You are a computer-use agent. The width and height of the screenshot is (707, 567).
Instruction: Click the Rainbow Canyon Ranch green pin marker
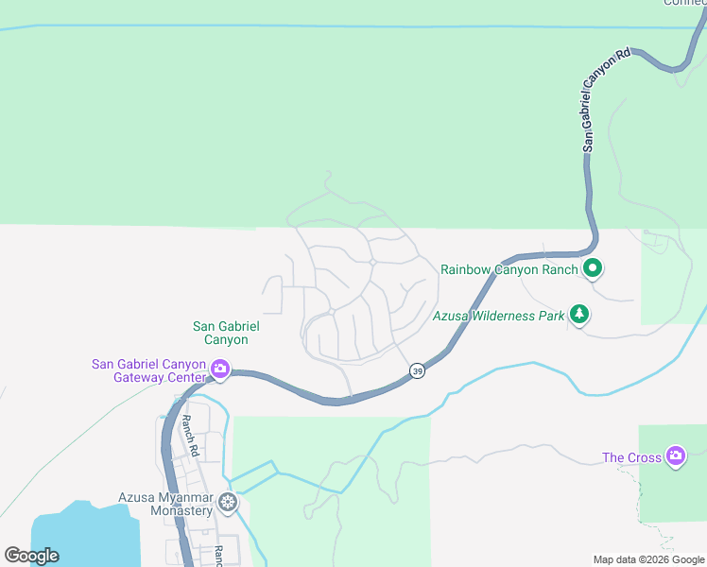click(593, 268)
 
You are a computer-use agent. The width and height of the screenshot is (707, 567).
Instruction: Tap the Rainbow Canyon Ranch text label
click(509, 269)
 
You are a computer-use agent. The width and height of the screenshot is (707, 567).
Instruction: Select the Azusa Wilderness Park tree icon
click(578, 315)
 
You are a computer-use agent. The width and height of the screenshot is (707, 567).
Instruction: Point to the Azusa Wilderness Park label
click(499, 316)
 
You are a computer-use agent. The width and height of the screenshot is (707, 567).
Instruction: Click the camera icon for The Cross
click(675, 456)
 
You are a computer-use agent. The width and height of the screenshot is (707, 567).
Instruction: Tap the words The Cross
click(632, 458)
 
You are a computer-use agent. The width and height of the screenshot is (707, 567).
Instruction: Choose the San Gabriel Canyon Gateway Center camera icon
click(220, 369)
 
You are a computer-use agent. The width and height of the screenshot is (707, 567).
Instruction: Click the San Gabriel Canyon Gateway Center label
click(148, 370)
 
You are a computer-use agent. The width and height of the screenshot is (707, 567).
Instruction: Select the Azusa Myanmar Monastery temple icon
click(227, 502)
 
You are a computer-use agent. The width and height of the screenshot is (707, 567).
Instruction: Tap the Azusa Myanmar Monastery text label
click(165, 504)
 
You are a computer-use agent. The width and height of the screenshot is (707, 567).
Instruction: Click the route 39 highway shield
click(418, 371)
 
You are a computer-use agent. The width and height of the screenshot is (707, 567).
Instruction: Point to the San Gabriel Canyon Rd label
click(604, 102)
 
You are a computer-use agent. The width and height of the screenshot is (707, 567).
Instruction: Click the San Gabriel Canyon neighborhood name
click(226, 333)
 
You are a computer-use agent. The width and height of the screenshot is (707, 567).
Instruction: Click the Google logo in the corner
click(31, 556)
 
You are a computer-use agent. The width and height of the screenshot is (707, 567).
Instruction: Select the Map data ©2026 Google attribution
click(649, 559)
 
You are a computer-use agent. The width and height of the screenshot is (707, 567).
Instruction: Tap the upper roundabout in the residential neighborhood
click(374, 262)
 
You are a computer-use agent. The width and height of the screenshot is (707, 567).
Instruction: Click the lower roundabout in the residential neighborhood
click(332, 311)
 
